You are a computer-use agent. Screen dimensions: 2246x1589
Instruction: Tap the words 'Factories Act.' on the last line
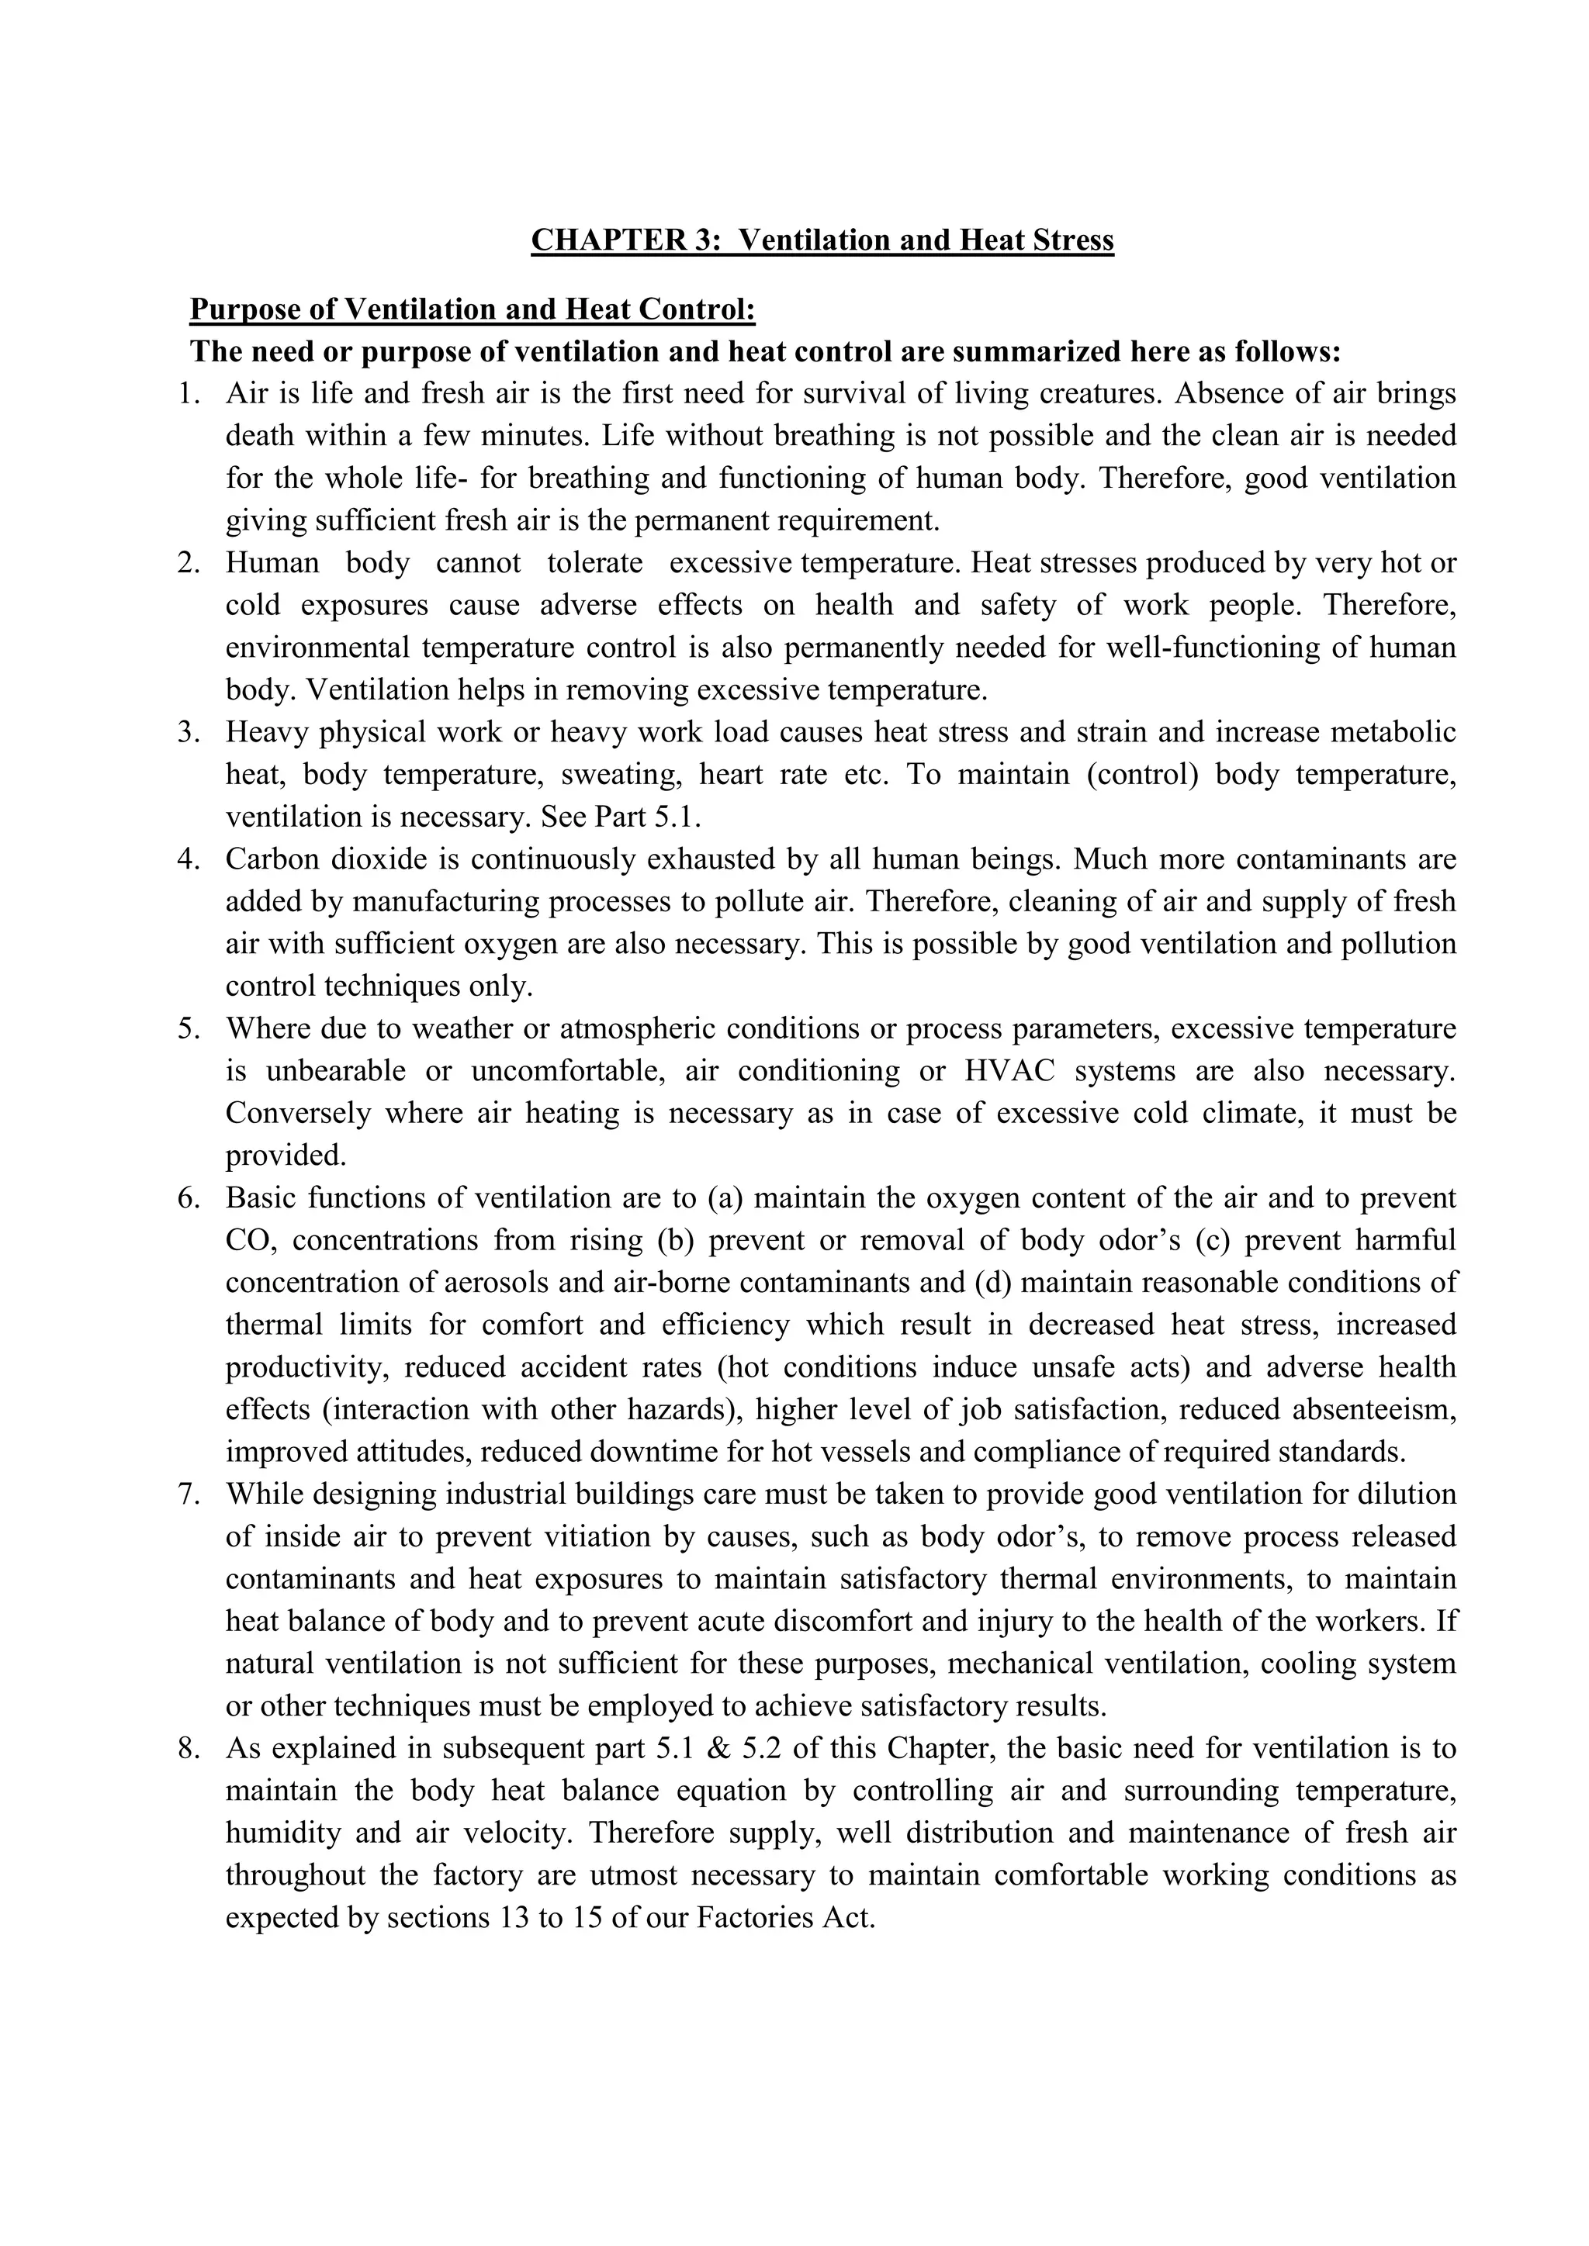pyautogui.click(x=784, y=1918)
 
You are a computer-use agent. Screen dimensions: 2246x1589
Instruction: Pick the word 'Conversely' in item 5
pyautogui.click(x=297, y=1113)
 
